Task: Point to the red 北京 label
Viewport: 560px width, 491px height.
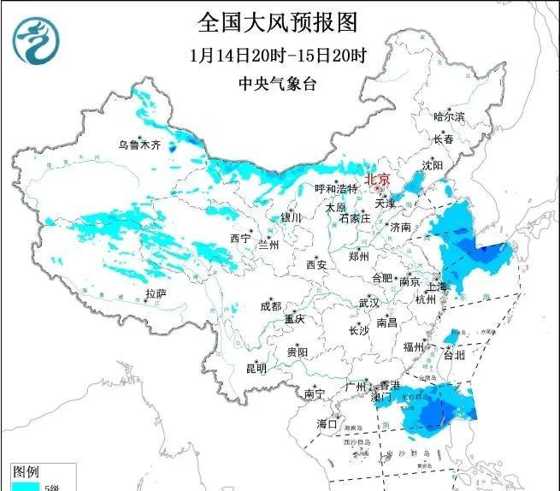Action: (377, 180)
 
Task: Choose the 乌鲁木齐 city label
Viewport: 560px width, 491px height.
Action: (139, 145)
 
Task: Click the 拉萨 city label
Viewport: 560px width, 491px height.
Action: (156, 293)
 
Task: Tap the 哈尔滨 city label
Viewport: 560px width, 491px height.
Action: (448, 116)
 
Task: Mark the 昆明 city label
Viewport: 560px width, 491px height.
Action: (256, 369)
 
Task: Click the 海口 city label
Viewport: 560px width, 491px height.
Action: (327, 423)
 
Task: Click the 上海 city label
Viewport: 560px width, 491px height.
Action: (439, 287)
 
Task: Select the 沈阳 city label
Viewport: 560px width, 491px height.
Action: (433, 165)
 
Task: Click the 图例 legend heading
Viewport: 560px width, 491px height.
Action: (25, 471)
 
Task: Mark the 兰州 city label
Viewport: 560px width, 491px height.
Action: (268, 245)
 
